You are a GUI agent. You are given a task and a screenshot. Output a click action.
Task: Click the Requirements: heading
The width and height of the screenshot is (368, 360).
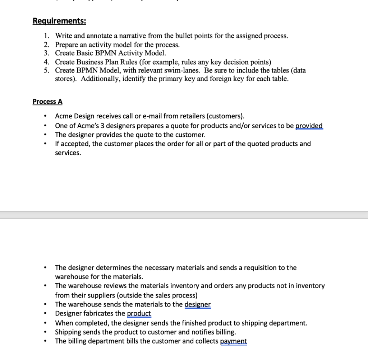(59, 21)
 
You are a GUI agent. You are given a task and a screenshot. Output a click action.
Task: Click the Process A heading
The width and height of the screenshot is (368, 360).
(47, 102)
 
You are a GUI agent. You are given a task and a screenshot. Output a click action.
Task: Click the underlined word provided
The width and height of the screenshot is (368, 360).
(309, 126)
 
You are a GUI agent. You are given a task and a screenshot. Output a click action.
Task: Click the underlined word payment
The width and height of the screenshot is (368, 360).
(233, 341)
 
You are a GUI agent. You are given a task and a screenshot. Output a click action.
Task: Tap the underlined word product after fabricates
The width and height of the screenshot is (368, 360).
(139, 313)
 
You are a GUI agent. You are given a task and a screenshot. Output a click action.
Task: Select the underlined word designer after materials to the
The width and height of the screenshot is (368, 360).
(197, 304)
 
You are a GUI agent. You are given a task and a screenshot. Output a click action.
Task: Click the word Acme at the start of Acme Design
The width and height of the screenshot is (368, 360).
(64, 116)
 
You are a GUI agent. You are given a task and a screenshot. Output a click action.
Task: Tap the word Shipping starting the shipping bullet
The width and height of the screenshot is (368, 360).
(67, 332)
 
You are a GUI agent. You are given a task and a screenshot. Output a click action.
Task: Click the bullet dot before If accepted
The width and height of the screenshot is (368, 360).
(44, 144)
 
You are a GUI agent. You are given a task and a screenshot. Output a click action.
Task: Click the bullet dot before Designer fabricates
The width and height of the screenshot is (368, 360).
(44, 314)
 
